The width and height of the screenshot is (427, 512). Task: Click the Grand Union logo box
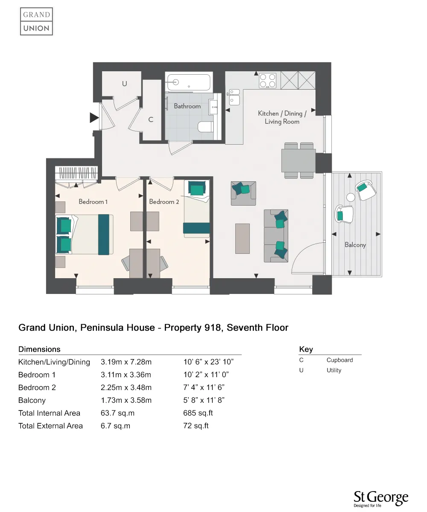pyautogui.click(x=36, y=21)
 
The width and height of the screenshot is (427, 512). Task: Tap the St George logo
pyautogui.click(x=380, y=499)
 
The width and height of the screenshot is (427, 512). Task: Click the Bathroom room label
pyautogui.click(x=187, y=106)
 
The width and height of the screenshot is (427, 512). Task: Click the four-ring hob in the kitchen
pyautogui.click(x=268, y=81)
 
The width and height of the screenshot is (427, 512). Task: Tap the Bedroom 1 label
pyautogui.click(x=93, y=201)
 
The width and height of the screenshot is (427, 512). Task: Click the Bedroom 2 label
pyautogui.click(x=164, y=201)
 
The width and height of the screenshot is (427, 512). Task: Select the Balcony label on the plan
pyautogui.click(x=355, y=245)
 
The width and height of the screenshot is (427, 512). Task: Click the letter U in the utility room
pyautogui.click(x=124, y=84)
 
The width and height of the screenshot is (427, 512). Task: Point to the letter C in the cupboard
pyautogui.click(x=150, y=120)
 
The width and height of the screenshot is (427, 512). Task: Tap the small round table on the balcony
pyautogui.click(x=351, y=198)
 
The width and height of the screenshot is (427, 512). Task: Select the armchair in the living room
pyautogui.click(x=243, y=193)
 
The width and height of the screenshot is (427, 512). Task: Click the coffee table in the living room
pyautogui.click(x=242, y=239)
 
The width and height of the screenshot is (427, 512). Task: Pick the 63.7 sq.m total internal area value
pyautogui.click(x=117, y=413)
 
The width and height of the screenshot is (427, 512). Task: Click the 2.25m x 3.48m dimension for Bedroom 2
pyautogui.click(x=126, y=387)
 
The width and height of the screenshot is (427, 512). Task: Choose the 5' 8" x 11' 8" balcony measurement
pyautogui.click(x=204, y=400)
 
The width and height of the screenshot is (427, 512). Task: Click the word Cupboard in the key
pyautogui.click(x=339, y=360)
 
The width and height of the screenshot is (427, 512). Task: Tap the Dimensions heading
pyautogui.click(x=39, y=349)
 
